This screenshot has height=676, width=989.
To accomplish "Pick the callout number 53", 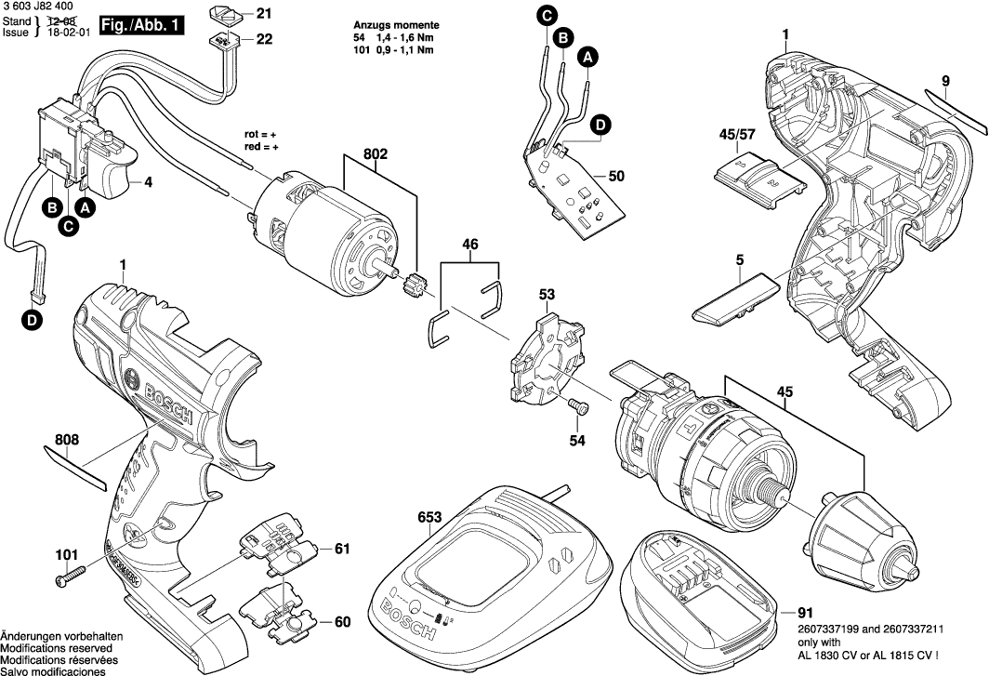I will click(547, 296).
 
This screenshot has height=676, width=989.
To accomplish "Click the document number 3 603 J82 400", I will click(39, 7).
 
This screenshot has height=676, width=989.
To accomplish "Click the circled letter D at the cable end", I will click(33, 322).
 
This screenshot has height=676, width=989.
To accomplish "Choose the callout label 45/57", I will click(738, 136).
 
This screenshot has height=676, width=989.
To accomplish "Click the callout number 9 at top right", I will click(944, 80).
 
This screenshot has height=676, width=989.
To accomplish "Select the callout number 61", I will click(342, 550).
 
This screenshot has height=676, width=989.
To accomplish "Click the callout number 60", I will click(342, 621).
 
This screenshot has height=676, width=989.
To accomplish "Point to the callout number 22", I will click(265, 39).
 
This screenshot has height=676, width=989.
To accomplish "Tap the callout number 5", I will click(739, 261).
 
